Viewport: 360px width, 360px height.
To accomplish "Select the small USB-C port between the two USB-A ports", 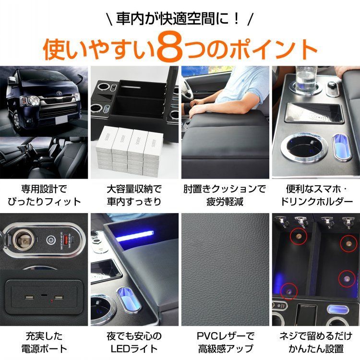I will [44, 298].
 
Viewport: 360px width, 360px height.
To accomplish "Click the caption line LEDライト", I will [134, 349].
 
